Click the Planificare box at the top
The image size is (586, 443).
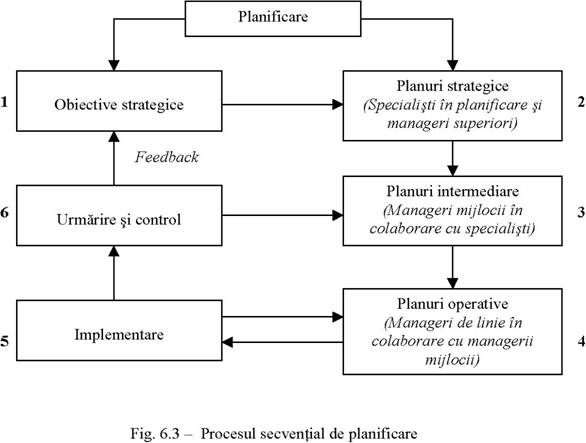tap(273, 19)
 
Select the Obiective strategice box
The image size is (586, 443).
tap(119, 101)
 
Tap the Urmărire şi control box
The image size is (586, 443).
tap(119, 215)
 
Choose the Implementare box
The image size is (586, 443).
tap(119, 330)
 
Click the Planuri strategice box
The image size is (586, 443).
tap(453, 106)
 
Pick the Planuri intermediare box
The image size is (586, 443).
tap(453, 211)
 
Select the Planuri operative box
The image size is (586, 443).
tap(453, 331)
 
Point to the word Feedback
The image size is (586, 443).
tap(167, 157)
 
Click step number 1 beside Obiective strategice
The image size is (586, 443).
tap(4, 102)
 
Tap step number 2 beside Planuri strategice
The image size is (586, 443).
tap(581, 102)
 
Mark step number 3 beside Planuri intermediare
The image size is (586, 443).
tap(581, 212)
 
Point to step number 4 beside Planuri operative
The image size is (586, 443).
tap(581, 341)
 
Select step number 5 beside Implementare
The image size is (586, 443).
tap(4, 341)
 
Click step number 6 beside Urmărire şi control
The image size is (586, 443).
tap(4, 212)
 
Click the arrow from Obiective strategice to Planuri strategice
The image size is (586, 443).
tap(283, 104)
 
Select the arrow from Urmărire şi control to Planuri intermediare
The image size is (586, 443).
tap(283, 215)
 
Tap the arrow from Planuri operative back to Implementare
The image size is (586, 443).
tap(283, 342)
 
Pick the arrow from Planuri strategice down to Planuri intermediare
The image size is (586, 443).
tap(453, 159)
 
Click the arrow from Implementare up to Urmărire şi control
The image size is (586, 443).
tap(114, 273)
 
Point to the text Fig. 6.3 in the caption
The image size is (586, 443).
tap(155, 434)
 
